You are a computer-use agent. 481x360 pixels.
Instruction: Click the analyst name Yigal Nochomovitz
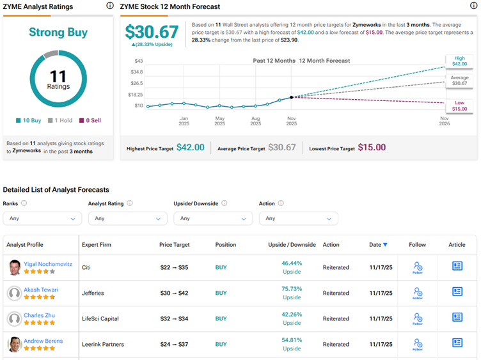[x=49, y=263]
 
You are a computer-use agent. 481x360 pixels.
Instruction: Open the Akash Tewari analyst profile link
[x=41, y=290]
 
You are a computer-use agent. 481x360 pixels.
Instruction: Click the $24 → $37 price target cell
[x=173, y=344]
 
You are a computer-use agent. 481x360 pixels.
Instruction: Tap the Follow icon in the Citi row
[x=418, y=267]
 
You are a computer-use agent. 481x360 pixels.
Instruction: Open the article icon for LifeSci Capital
[x=457, y=318]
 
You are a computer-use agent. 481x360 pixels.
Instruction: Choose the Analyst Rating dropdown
[x=128, y=218]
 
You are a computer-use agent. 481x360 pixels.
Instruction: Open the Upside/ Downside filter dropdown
[x=213, y=218]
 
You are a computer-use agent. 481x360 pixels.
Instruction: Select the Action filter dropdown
[x=298, y=218]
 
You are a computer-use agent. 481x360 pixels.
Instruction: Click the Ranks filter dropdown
[x=42, y=218]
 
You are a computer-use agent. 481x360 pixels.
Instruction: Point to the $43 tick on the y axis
[x=138, y=61]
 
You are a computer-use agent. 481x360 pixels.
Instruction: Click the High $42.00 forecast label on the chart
[x=459, y=61]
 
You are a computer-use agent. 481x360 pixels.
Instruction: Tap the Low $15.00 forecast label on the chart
[x=459, y=106]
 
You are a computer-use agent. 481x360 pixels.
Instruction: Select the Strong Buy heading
[x=58, y=32]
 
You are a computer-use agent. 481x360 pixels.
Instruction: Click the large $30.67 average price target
[x=152, y=32]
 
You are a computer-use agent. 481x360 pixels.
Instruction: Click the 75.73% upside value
[x=292, y=289]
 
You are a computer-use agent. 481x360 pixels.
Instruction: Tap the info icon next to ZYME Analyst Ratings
[x=109, y=6]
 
